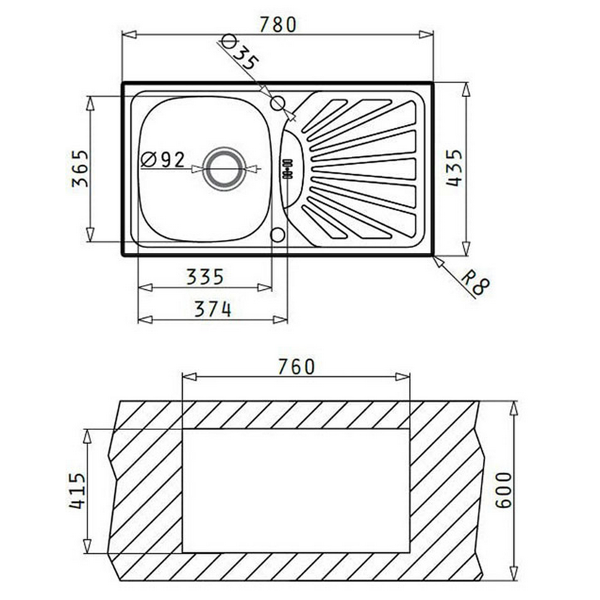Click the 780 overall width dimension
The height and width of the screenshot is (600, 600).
278,25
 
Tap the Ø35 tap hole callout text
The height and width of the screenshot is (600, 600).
240,53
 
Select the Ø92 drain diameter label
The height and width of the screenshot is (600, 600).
163,160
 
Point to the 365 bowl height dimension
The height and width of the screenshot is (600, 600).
80,168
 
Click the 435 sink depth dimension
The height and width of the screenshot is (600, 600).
455,168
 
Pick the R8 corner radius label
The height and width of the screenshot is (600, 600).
475,281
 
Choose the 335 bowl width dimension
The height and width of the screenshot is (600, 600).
205,277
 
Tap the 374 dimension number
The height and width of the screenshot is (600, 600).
213,309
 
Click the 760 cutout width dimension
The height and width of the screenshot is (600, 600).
296,367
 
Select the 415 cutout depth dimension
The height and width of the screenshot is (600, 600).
77,491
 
